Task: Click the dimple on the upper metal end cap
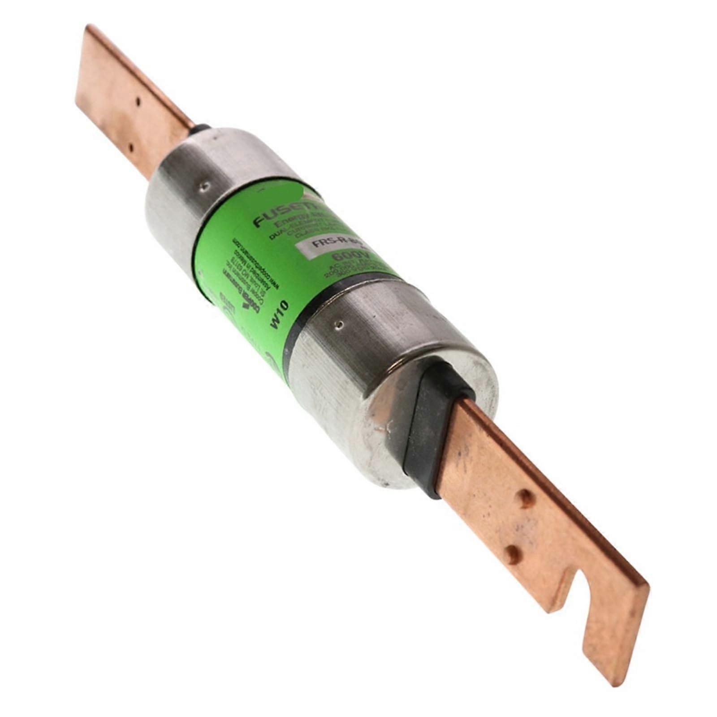pos(205,185)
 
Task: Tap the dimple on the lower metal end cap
pos(340,322)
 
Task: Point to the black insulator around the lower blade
pos(430,430)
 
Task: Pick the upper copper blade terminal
pos(130,99)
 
